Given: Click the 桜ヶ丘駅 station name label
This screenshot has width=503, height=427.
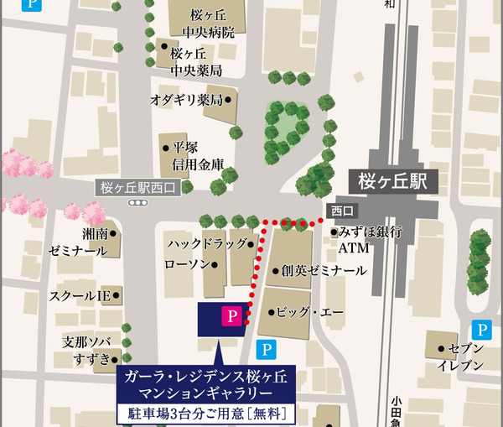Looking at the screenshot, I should pyautogui.click(x=392, y=180).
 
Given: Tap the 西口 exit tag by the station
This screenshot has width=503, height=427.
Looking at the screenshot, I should pyautogui.click(x=343, y=210).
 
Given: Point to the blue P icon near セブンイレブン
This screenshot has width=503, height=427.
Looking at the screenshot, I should pyautogui.click(x=480, y=330).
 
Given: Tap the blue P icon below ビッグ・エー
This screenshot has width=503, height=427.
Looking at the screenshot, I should pyautogui.click(x=266, y=349).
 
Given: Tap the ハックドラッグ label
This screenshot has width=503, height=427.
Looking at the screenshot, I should pyautogui.click(x=205, y=244).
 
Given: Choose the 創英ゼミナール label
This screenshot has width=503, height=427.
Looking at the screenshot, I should pyautogui.click(x=324, y=271).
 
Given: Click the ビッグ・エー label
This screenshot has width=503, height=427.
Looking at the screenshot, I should pyautogui.click(x=309, y=312).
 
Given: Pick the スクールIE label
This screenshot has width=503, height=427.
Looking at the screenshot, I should pyautogui.click(x=80, y=296).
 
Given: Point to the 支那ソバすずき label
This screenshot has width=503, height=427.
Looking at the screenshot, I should pyautogui.click(x=86, y=351).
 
